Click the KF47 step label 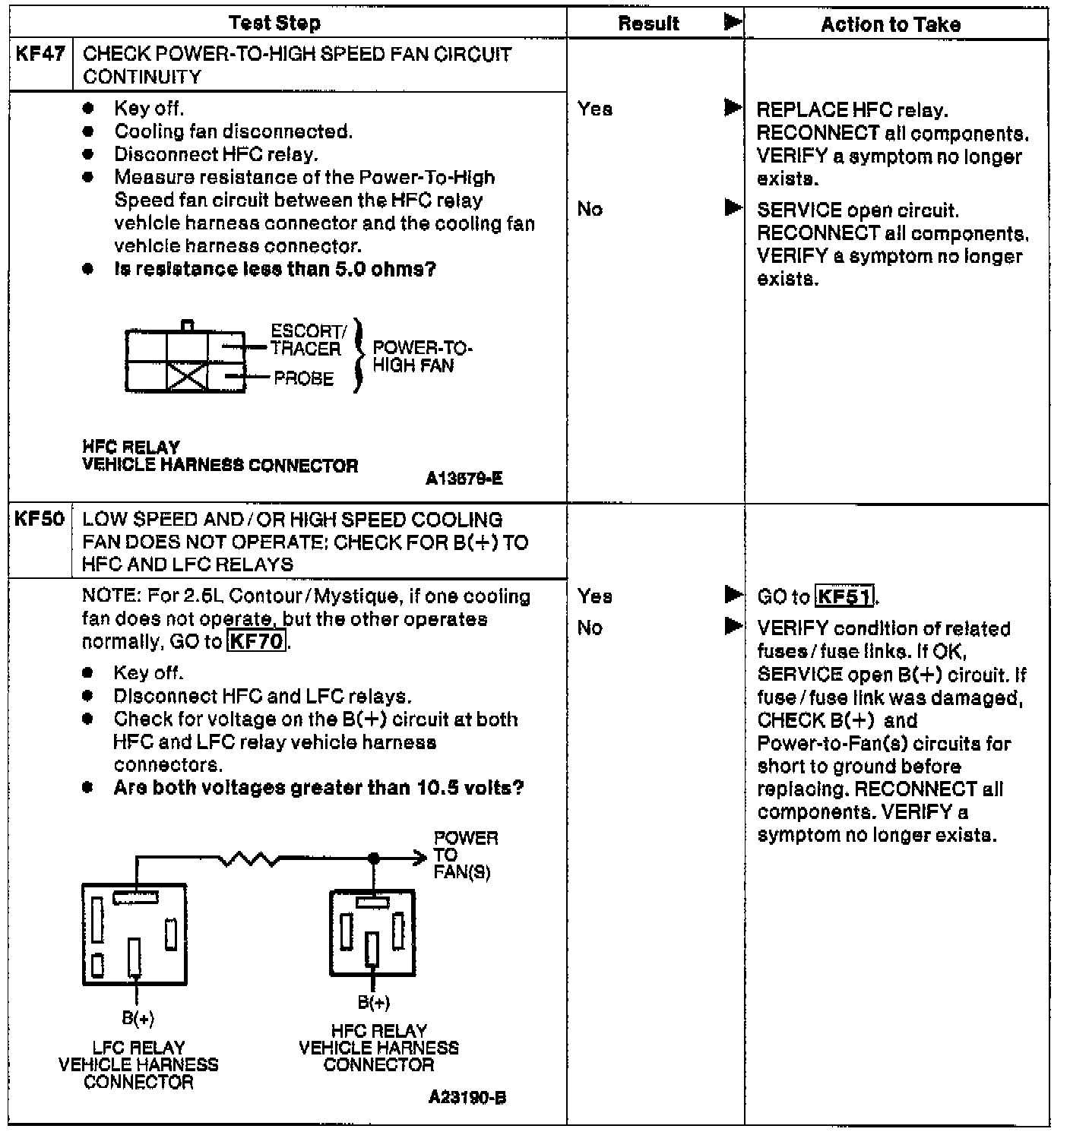pos(40,55)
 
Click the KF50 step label pos(40,520)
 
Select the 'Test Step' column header pos(274,24)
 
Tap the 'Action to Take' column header pos(891,24)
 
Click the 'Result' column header pos(648,24)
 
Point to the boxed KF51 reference pos(844,596)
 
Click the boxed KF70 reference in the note pos(257,641)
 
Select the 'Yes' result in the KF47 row pos(595,109)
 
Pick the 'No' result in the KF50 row pos(590,628)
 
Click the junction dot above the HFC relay pos(373,858)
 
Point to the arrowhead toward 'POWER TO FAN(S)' pos(421,858)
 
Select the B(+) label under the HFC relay pos(374,1003)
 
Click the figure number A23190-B pos(467,1097)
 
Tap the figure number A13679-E pos(464,479)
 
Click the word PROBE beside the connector pos(303,378)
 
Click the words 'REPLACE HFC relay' pos(852,111)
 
